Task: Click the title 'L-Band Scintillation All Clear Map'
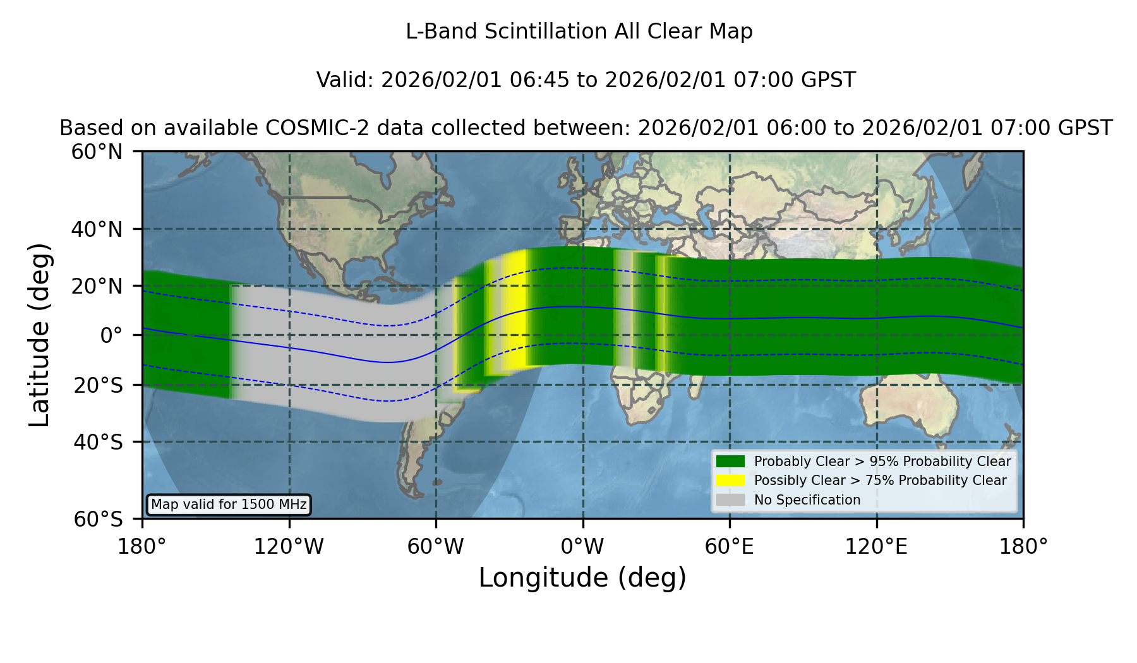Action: coord(579,31)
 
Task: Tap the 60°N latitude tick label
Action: coord(97,152)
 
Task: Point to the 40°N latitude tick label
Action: coord(97,229)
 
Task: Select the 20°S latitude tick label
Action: coord(98,385)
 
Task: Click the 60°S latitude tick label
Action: coord(98,519)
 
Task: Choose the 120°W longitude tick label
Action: coord(289,546)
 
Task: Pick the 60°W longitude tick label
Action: coord(436,546)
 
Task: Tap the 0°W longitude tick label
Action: coord(582,546)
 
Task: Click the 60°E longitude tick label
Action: coord(730,546)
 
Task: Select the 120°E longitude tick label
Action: coord(876,546)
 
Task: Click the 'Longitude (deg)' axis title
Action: coord(582,578)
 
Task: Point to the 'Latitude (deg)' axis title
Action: coord(39,335)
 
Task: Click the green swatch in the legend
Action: coord(730,462)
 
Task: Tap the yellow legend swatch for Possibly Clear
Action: coord(730,481)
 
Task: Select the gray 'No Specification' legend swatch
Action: coord(730,500)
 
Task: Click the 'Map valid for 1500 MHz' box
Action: coord(229,505)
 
